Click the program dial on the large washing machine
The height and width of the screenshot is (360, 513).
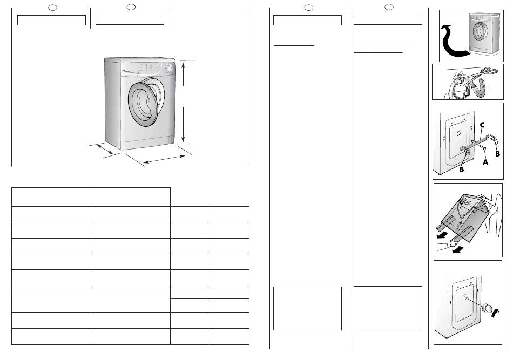pos(168,69)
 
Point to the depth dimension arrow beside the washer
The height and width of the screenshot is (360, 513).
pos(105,149)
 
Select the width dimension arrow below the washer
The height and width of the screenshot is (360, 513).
pos(164,159)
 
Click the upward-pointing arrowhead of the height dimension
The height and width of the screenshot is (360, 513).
pos(184,65)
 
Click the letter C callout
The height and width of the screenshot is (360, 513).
pos(482,125)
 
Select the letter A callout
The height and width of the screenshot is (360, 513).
pos(485,161)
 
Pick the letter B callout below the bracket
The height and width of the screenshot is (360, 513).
pos(461,169)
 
